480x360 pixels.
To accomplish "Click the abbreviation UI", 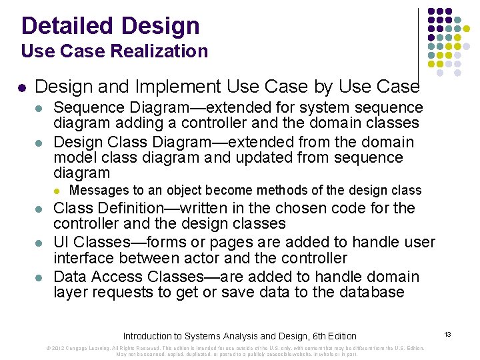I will [x=61, y=243].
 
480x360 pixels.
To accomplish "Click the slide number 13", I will [x=447, y=333].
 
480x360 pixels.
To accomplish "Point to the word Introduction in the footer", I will [x=148, y=336].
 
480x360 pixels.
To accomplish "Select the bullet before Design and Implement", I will [x=22, y=87].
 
